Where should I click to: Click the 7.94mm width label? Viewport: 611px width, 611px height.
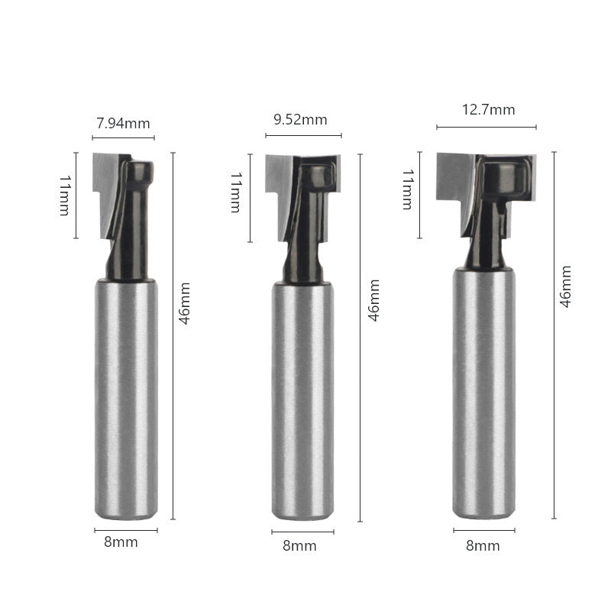pyautogui.click(x=123, y=124)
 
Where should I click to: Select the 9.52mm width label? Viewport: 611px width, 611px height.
pyautogui.click(x=300, y=120)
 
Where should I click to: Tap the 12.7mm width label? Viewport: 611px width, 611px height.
pyautogui.click(x=488, y=110)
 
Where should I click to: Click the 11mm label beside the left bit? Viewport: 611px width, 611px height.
pyautogui.click(x=65, y=196)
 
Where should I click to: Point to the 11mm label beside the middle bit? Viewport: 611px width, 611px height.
pyautogui.click(x=236, y=192)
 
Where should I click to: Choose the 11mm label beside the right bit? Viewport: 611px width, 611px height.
pyautogui.click(x=408, y=189)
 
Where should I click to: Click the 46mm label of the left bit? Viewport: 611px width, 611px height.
pyautogui.click(x=184, y=303)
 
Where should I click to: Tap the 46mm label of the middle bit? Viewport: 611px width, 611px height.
pyautogui.click(x=374, y=300)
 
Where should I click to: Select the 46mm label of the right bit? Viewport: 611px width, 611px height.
pyautogui.click(x=566, y=287)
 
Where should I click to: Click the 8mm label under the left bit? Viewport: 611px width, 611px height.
pyautogui.click(x=121, y=542)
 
